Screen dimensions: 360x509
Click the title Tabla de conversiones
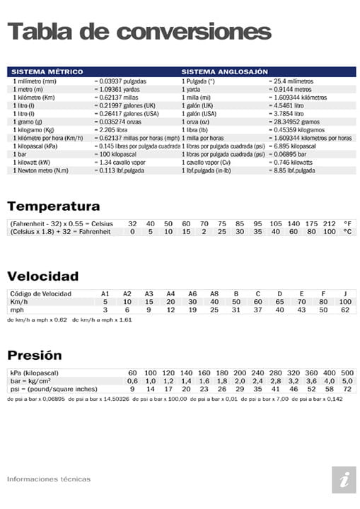139,31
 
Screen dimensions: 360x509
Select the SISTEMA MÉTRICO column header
47,71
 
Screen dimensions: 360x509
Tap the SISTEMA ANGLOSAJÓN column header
224,71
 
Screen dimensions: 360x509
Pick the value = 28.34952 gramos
300,121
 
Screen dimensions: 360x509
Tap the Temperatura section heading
53,206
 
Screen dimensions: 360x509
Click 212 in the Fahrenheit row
329,223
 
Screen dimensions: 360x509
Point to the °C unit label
347,231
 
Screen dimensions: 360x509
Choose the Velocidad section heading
42,276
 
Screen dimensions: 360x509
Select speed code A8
214,293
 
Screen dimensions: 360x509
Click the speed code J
345,293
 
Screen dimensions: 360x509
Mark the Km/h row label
19,301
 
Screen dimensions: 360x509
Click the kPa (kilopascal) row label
34,373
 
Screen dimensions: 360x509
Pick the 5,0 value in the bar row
347,381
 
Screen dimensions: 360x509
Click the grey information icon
344,479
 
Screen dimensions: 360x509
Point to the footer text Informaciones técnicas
49,479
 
